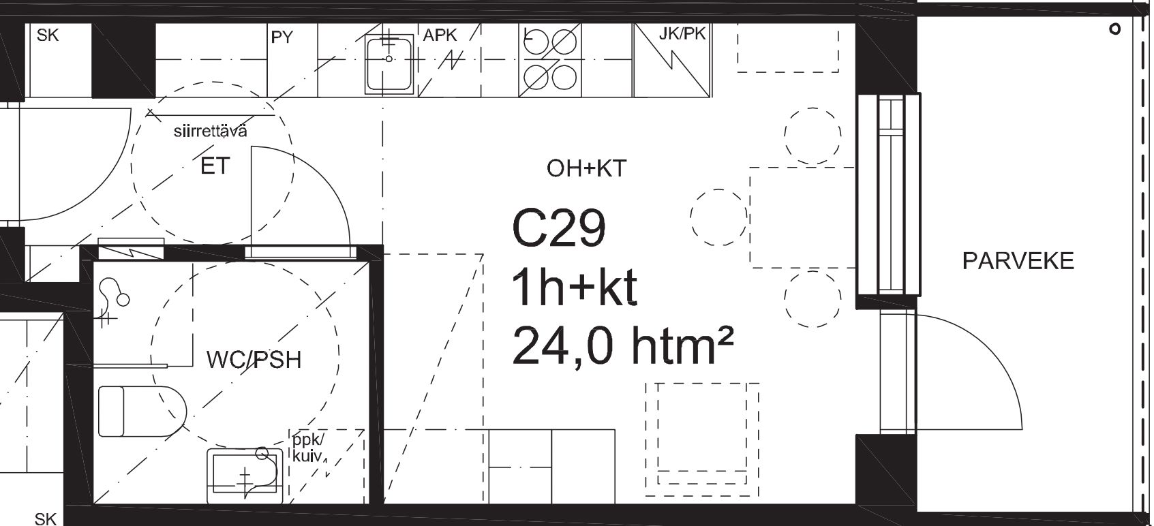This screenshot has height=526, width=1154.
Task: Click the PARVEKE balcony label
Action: coord(1018,261)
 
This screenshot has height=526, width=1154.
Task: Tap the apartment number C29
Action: coord(559,228)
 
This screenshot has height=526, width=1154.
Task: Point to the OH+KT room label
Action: coord(586,168)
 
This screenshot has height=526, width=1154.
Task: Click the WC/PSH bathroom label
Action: coord(254,360)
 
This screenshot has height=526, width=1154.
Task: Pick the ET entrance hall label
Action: coord(215,166)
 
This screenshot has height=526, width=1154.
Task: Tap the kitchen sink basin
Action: coord(389,64)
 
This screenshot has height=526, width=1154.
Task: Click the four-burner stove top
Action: coord(549,60)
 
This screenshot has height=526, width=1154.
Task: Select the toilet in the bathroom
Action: coord(142,411)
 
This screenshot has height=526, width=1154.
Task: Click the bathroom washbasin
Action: coord(245,476)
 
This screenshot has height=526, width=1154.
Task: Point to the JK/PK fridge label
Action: coord(682,34)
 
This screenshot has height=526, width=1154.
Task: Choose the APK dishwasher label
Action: coord(440,35)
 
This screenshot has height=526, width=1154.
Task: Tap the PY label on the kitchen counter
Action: coord(282,37)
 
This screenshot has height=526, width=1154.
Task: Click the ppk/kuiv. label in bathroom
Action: coord(309,448)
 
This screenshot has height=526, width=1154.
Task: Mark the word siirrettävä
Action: coord(210,131)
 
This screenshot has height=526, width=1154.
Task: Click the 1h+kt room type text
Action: coord(575,288)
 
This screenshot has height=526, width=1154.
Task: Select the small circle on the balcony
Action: coord(1115,29)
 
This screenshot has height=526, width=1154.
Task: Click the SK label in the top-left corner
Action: coord(48,35)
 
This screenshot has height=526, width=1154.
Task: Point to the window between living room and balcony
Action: coord(889,195)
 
